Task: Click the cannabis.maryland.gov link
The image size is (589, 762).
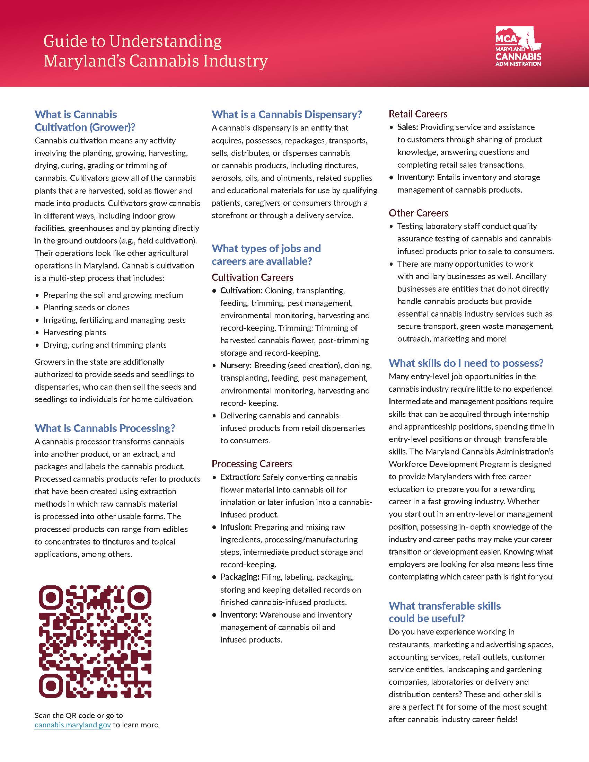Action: pos(72,725)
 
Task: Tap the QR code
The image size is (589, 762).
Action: pos(95,641)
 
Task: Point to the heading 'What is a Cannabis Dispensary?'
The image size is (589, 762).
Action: pos(287,114)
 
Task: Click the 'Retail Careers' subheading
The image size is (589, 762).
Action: pos(418,114)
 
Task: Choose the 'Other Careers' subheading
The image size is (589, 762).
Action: pos(419,213)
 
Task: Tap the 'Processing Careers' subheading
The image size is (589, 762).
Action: pos(252,464)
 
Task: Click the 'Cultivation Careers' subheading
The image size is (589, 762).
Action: pos(252,277)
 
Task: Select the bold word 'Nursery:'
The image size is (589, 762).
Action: pos(236,365)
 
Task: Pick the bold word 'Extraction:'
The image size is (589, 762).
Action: pos(240,477)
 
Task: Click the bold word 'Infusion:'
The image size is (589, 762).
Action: pos(236,527)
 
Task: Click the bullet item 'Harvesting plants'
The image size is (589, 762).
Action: pos(74,332)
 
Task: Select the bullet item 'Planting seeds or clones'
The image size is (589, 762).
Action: pos(86,307)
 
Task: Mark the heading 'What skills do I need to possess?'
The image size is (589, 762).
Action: pos(466,363)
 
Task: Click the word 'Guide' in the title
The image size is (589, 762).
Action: pos(64,41)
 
